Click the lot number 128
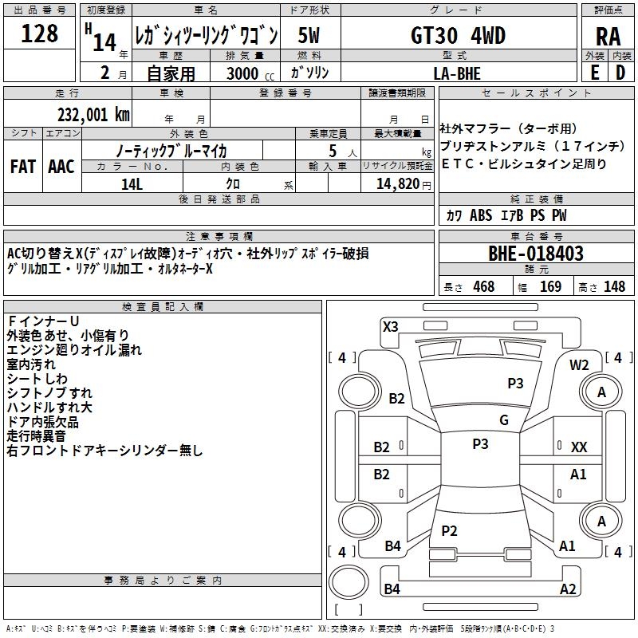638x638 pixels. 40,34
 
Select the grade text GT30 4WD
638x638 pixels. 457,35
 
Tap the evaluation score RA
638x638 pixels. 608,37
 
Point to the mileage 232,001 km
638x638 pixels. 93,114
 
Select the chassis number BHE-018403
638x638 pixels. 536,254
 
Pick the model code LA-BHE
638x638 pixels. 457,74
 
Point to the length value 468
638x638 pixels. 483,287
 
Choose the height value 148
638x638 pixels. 614,287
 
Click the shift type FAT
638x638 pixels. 23,167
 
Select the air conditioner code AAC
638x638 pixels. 61,167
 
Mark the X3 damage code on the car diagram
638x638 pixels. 391,325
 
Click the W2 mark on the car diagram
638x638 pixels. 579,364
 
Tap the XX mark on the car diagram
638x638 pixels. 579,447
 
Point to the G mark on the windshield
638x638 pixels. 504,420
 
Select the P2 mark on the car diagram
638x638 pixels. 449,530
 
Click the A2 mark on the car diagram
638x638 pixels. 568,589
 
